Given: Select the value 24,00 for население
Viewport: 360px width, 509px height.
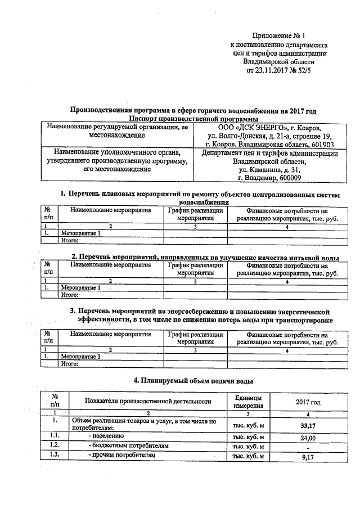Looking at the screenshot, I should point(307,438).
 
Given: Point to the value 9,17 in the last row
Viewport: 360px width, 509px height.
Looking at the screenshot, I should point(307,457).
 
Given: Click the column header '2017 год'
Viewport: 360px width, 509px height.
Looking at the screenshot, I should point(308,403).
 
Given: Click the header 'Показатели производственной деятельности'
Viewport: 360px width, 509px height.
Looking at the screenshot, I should point(148,401).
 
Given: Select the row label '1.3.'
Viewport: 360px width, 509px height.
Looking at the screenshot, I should point(55,456).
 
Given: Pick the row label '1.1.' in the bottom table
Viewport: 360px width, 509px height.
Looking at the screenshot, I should point(55,436).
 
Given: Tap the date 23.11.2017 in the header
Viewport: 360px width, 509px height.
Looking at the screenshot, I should point(274,71).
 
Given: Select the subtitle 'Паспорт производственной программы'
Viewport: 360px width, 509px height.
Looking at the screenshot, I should point(193,119).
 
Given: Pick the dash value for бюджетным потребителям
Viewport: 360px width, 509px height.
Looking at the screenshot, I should point(307,447).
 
